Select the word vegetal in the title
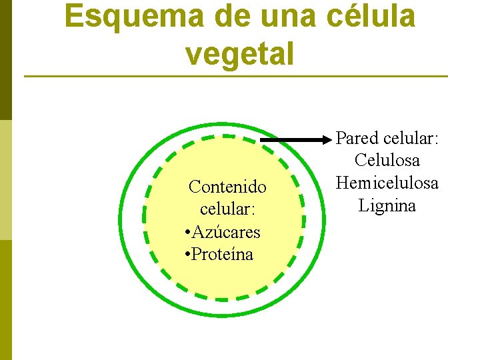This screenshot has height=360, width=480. pos(240,53)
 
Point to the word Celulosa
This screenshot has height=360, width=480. pos(387,161)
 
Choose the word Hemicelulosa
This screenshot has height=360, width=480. pos(387,183)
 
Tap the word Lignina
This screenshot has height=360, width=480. pos(387,205)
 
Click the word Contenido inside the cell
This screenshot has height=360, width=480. pos(227,187)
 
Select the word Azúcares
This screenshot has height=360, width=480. pos(227,232)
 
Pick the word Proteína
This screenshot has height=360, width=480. pos(222,255)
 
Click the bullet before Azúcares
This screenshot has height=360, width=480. pos(188,233)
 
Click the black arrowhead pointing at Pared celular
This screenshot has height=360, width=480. pos(327,140)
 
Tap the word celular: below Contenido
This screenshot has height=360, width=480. pos(227,209)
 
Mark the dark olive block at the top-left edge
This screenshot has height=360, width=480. pos(5,60)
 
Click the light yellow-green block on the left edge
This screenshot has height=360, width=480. pos(5,180)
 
